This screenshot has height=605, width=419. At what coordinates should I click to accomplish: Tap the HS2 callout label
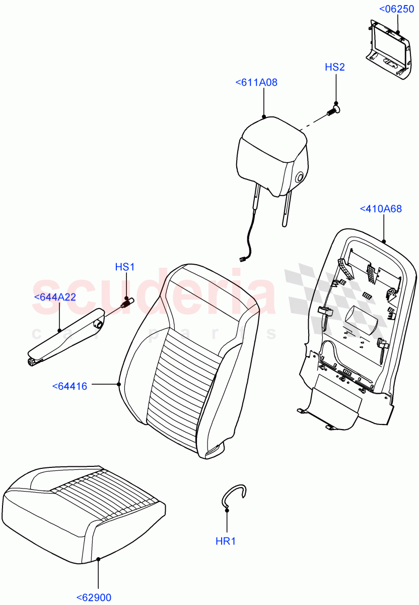click(x=335, y=67)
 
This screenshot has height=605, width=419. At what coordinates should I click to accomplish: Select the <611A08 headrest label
click(x=256, y=83)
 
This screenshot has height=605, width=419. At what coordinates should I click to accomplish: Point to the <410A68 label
click(x=381, y=209)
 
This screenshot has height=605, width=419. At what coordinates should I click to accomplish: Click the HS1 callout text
click(x=125, y=267)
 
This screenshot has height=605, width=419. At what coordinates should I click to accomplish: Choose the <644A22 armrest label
click(x=54, y=297)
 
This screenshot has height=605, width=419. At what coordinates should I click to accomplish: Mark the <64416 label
click(x=69, y=387)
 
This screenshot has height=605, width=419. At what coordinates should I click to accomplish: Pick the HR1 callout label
click(x=226, y=541)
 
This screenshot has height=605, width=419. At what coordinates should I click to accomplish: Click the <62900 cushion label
click(x=94, y=598)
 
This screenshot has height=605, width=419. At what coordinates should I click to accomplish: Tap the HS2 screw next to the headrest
click(x=334, y=109)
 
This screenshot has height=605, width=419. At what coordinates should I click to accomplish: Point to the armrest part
click(x=65, y=336)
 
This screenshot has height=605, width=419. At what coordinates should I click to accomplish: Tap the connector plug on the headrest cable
click(x=243, y=259)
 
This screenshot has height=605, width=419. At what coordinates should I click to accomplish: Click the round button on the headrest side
click(x=301, y=176)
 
